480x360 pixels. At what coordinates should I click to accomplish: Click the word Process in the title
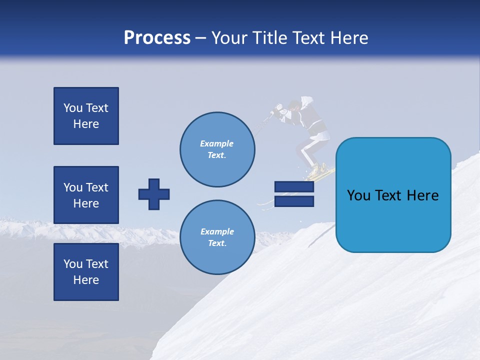coord(157,38)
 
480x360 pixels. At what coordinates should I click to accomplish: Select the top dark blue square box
coord(86,116)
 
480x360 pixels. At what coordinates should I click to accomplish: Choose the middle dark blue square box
coord(86,195)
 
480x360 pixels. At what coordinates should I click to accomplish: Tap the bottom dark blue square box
coord(86,272)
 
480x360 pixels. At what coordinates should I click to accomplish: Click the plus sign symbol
coord(154,194)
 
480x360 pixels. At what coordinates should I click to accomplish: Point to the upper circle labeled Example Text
coord(217,149)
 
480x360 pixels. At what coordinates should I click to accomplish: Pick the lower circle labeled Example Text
coord(217,237)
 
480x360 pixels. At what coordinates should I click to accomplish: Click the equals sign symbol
coord(294,194)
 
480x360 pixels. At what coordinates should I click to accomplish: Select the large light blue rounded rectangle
coord(393,195)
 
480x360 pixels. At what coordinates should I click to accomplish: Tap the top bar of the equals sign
coord(294,186)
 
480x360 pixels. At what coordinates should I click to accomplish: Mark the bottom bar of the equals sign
coord(294,201)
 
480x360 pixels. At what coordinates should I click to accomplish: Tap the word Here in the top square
coord(86,124)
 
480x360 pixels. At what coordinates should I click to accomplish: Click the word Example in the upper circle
coord(217,144)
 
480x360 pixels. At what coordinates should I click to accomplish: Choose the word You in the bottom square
coord(73,264)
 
